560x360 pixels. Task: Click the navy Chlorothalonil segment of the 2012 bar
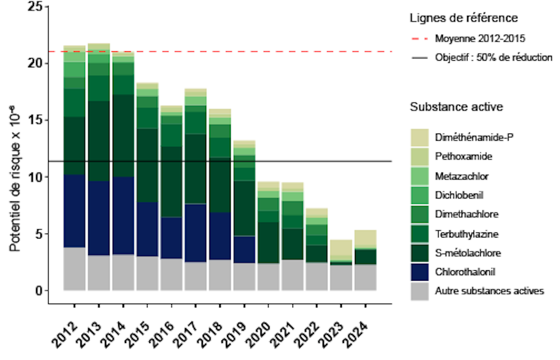click(74, 211)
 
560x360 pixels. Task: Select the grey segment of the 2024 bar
click(365, 277)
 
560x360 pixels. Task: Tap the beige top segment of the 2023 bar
click(341, 247)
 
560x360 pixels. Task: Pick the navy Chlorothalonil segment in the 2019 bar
click(244, 249)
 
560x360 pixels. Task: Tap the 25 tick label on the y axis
click(34, 7)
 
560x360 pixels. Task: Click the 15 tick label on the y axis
click(34, 120)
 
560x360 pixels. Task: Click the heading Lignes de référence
click(464, 18)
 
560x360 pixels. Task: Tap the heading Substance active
click(456, 107)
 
